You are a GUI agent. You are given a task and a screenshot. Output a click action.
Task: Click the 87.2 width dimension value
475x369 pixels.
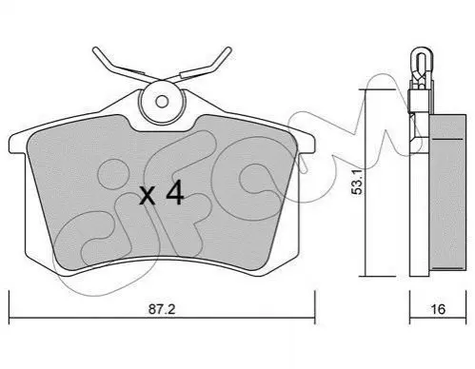click(162, 309)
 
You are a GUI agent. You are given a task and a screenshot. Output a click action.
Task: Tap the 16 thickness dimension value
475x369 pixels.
click(438, 309)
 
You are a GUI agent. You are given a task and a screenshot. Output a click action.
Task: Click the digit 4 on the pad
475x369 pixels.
click(175, 192)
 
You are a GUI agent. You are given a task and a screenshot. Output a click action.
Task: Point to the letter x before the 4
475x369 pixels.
click(148, 196)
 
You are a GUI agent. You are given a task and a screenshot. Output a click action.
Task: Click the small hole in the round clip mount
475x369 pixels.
click(162, 102)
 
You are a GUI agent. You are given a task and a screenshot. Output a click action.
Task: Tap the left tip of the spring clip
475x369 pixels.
click(95, 49)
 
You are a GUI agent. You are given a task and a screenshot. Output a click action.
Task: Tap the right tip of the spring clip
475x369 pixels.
click(228, 49)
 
